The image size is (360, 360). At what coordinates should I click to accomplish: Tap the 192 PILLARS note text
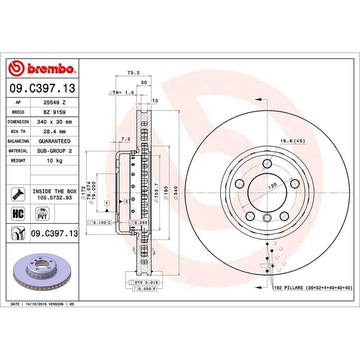pyautogui.click(x=312, y=288)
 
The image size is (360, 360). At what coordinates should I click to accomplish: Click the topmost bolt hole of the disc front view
pyautogui.click(x=267, y=164)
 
